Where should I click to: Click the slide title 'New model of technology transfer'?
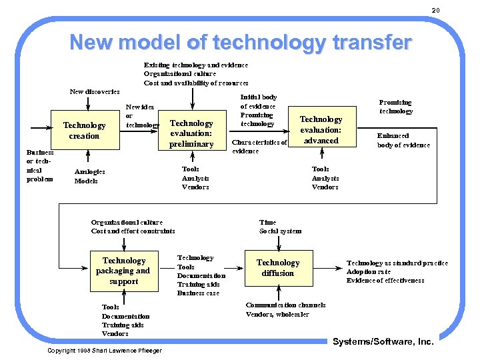pyautogui.click(x=240, y=43)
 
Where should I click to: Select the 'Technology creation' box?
pyautogui.click(x=84, y=130)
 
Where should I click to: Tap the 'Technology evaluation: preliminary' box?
pyautogui.click(x=191, y=133)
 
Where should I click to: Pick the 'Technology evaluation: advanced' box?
pyautogui.click(x=321, y=129)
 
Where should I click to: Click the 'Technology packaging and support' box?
pyautogui.click(x=124, y=271)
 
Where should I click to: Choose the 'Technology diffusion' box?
pyautogui.click(x=278, y=268)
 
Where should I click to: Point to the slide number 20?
pyautogui.click(x=436, y=10)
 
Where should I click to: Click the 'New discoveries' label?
pyautogui.click(x=95, y=91)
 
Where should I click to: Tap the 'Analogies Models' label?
pyautogui.click(x=89, y=177)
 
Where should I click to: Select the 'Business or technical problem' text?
pyautogui.click(x=39, y=165)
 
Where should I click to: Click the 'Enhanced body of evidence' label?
pyautogui.click(x=403, y=140)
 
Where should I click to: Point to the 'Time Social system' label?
pyautogui.click(x=280, y=227)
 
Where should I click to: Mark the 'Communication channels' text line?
pyautogui.click(x=285, y=305)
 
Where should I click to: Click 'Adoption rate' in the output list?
pyautogui.click(x=368, y=272)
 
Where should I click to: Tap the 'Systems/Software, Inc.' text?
pyautogui.click(x=383, y=342)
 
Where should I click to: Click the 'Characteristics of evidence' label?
pyautogui.click(x=259, y=147)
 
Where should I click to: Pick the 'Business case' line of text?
pyautogui.click(x=198, y=293)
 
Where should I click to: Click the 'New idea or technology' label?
pyautogui.click(x=142, y=116)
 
